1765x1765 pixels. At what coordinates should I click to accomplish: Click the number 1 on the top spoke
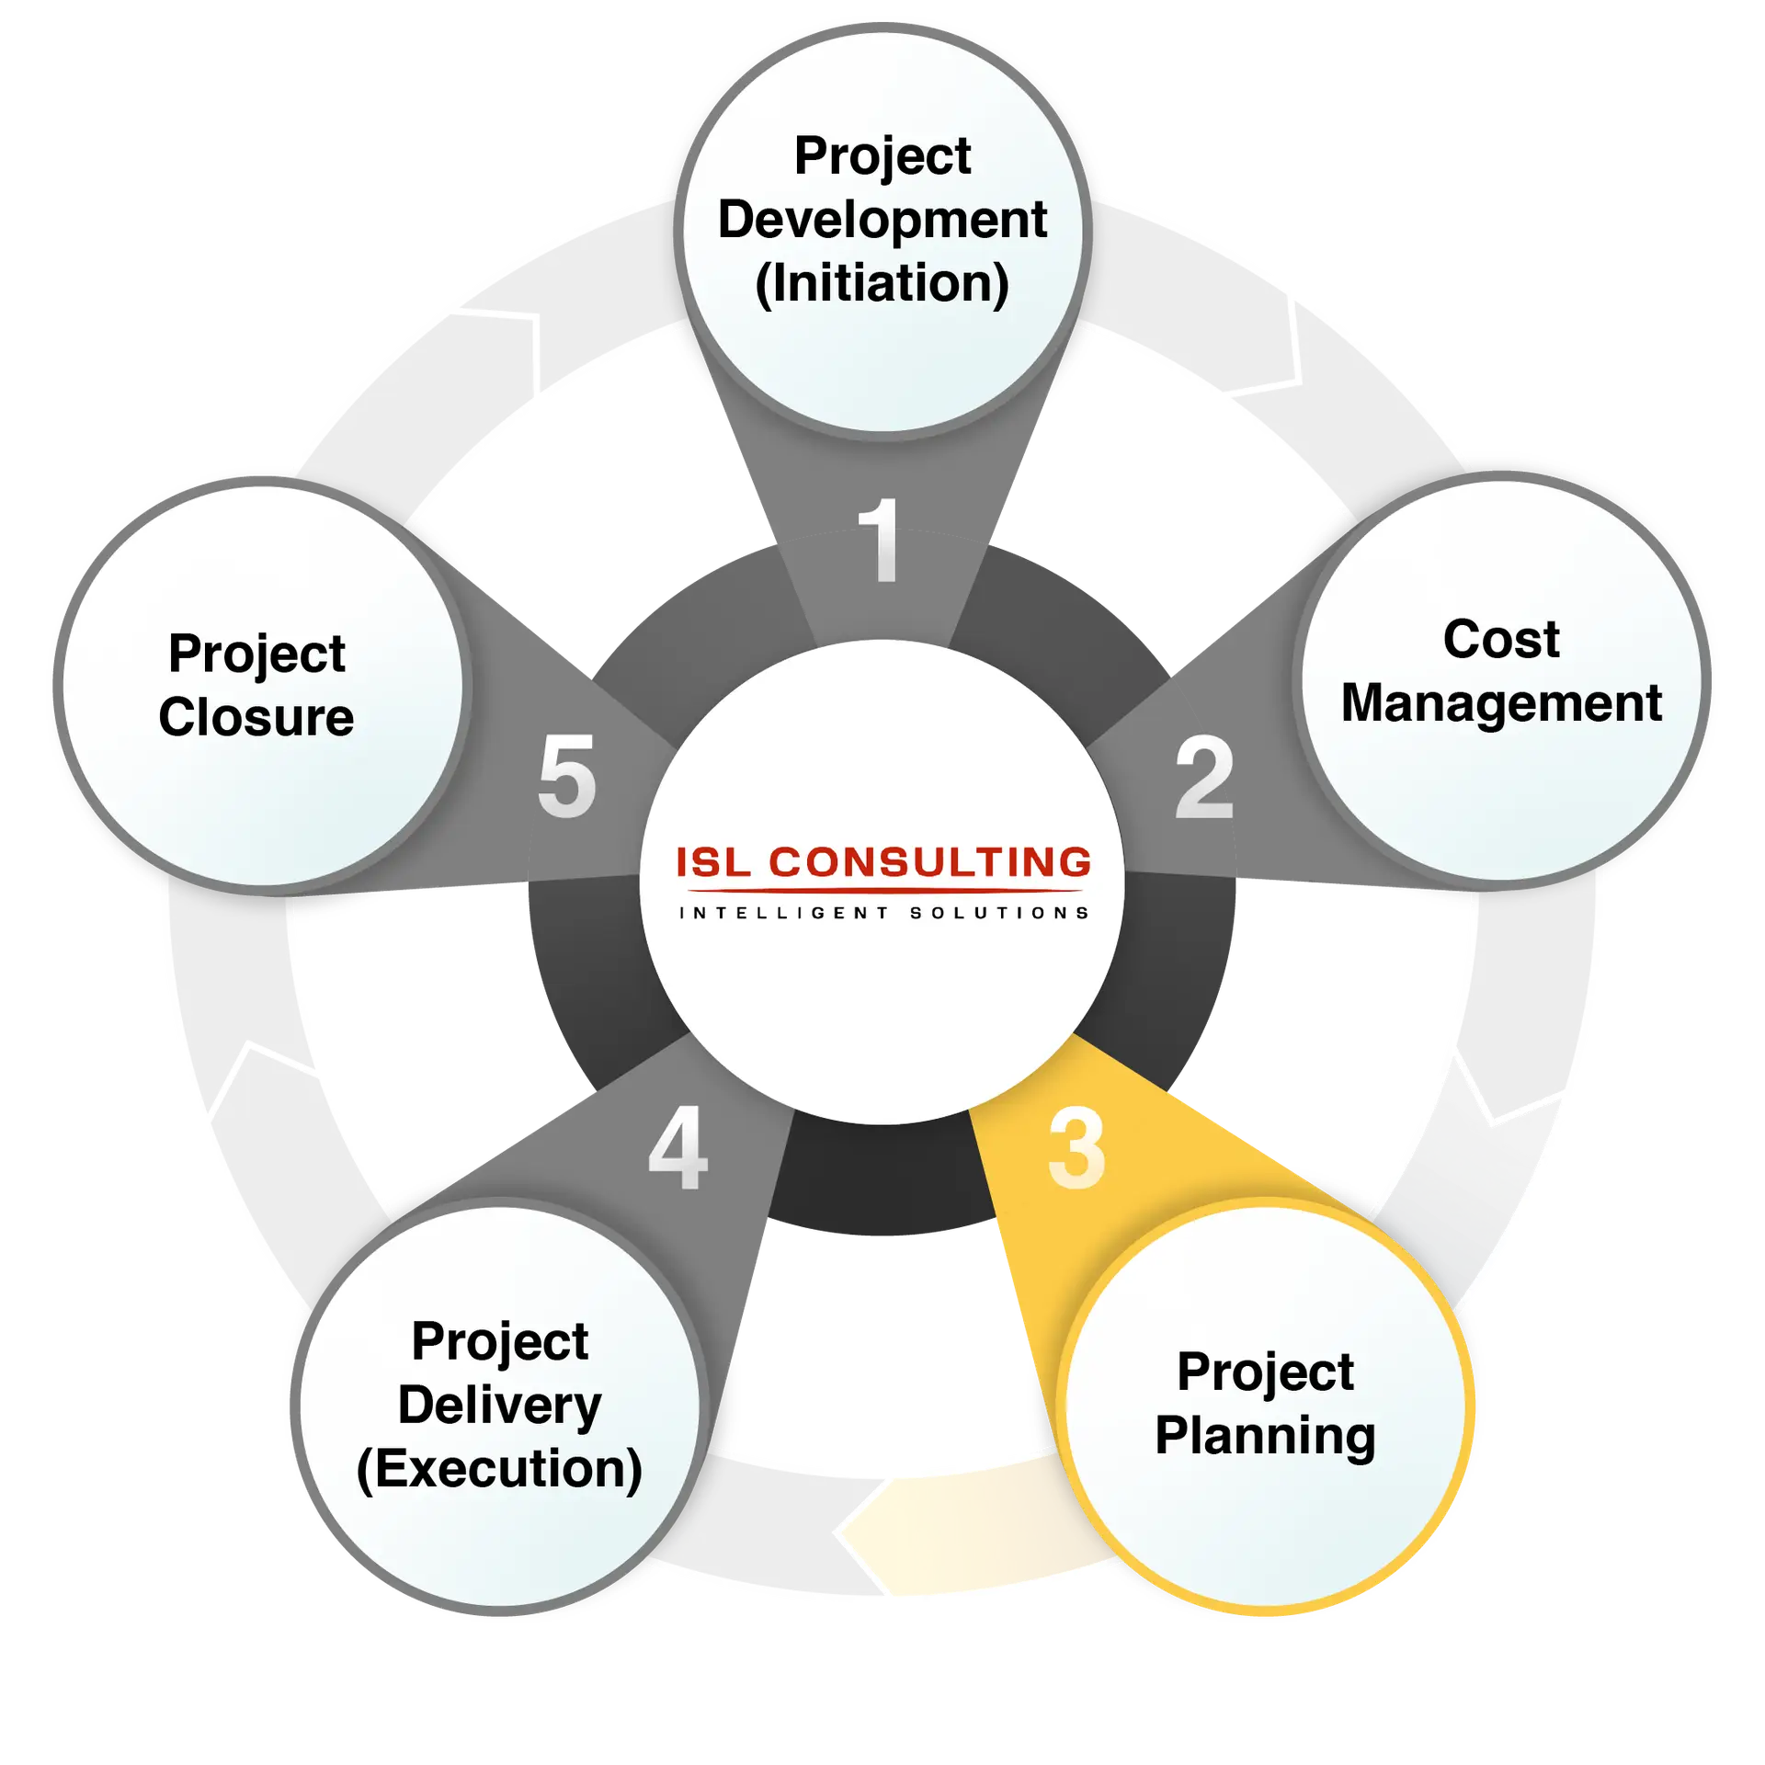click(881, 540)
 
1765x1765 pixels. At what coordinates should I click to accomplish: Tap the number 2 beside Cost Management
click(1204, 777)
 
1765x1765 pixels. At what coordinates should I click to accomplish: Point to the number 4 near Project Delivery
click(678, 1147)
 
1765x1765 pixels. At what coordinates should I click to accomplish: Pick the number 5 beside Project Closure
click(567, 776)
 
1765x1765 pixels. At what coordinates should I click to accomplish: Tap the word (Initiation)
click(882, 283)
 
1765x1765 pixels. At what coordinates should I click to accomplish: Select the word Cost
click(1501, 639)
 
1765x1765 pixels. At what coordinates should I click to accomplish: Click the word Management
click(1501, 703)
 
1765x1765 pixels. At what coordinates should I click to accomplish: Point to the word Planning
click(1265, 1437)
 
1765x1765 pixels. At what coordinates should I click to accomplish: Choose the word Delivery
click(499, 1406)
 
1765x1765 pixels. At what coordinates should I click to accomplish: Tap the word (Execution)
click(499, 1469)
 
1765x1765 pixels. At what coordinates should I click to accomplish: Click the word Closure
click(256, 717)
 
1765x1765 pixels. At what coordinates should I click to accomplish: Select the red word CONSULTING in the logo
click(930, 862)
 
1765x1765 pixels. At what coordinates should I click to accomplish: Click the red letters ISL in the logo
click(713, 862)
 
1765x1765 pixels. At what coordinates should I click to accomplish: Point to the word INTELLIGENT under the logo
click(784, 913)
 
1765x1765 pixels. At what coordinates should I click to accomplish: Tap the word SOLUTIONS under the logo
click(999, 913)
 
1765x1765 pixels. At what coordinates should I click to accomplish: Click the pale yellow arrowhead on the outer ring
click(873, 1533)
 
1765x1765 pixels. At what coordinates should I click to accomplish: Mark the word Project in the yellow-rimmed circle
click(1265, 1373)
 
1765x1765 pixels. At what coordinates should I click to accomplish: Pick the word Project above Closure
click(256, 655)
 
